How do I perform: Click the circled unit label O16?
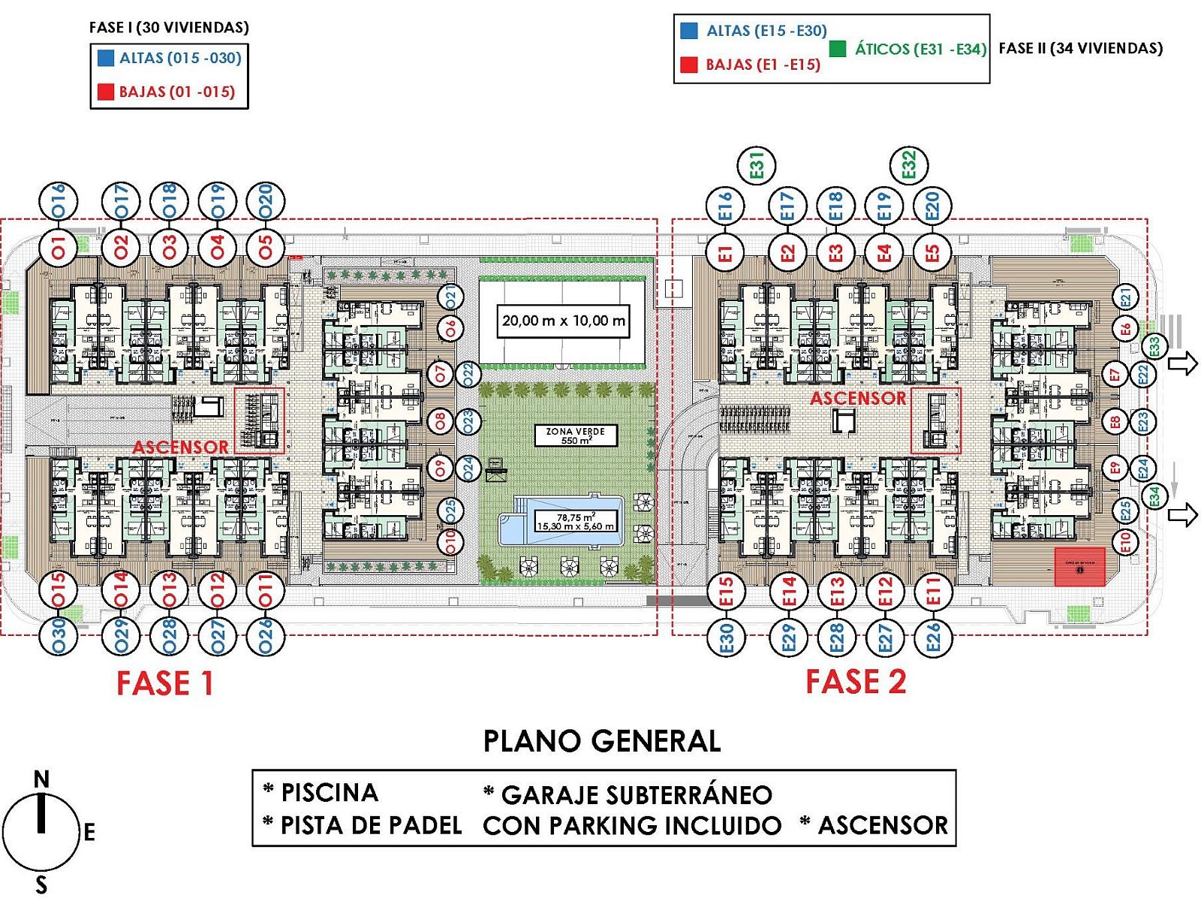pyautogui.click(x=58, y=201)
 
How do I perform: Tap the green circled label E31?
pyautogui.click(x=757, y=165)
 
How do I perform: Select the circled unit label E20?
pyautogui.click(x=932, y=206)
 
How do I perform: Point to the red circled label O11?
pyautogui.click(x=265, y=590)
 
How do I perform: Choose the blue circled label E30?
pyautogui.click(x=727, y=637)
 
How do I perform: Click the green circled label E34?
pyautogui.click(x=1154, y=496)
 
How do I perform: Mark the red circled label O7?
pyautogui.click(x=441, y=373)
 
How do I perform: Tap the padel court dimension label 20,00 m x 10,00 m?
pyautogui.click(x=563, y=321)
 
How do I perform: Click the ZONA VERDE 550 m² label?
pyautogui.click(x=575, y=435)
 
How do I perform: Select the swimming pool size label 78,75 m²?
pyautogui.click(x=575, y=521)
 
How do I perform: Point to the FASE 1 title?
pyautogui.click(x=165, y=683)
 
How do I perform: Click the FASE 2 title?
pyautogui.click(x=856, y=682)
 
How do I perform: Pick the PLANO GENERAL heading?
pyautogui.click(x=601, y=741)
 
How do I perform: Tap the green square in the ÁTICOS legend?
pyautogui.click(x=838, y=49)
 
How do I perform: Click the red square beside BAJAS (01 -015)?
pyautogui.click(x=106, y=92)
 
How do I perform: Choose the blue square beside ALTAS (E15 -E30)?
pyautogui.click(x=688, y=31)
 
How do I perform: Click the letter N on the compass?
pyautogui.click(x=41, y=779)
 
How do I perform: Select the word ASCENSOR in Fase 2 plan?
pyautogui.click(x=858, y=398)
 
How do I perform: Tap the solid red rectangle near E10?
pyautogui.click(x=1079, y=566)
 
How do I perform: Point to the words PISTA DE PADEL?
pyautogui.click(x=371, y=825)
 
